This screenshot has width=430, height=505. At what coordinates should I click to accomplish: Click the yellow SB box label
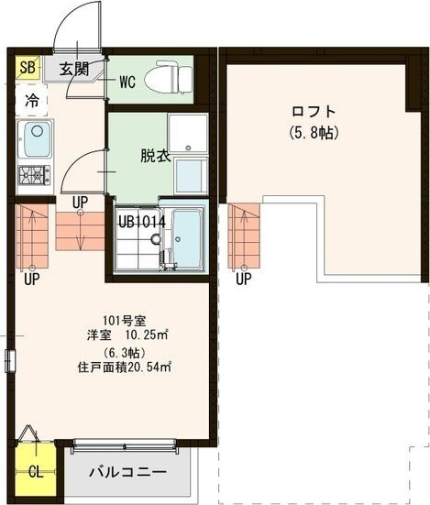click(27, 68)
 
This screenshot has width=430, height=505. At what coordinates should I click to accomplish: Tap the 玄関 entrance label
click(75, 69)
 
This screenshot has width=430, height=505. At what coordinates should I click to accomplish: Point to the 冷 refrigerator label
click(32, 101)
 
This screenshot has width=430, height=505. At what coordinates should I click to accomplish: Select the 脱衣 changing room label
click(155, 155)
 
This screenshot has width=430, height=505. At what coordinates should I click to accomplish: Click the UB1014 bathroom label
click(140, 220)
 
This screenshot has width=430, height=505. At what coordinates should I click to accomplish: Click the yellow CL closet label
click(35, 473)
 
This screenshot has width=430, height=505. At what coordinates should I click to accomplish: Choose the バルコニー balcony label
click(127, 473)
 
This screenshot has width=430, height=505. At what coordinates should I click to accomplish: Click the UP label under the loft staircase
click(242, 280)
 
